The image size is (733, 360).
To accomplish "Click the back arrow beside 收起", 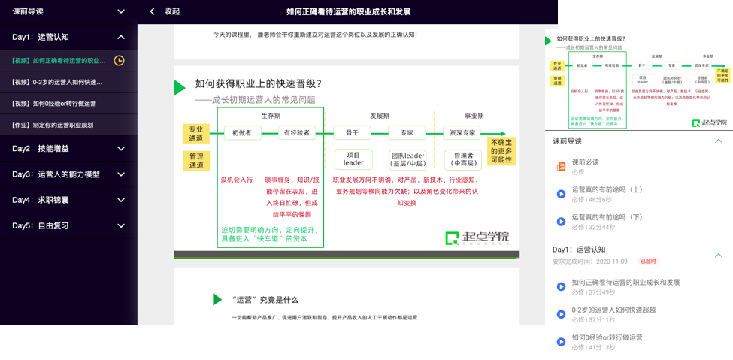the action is tap(153, 11).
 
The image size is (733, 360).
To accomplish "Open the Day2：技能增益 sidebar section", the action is tap(68, 149).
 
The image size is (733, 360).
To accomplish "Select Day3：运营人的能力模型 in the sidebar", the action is tap(68, 174).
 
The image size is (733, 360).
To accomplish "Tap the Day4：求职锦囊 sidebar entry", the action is tap(68, 200).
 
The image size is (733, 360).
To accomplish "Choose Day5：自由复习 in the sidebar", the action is tap(68, 225).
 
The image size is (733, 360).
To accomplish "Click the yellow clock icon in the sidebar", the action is tap(119, 61).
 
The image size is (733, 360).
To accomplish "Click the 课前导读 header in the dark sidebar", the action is tap(68, 11).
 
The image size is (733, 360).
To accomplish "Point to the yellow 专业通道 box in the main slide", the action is tap(196, 134).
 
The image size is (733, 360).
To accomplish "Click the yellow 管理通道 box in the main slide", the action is tap(196, 160).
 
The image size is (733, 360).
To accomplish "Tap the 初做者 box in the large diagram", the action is tap(242, 133).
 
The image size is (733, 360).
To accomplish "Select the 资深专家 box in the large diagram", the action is tap(462, 133).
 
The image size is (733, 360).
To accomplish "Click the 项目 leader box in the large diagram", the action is tap(353, 159).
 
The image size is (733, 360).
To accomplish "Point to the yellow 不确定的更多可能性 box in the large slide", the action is tap(501, 150).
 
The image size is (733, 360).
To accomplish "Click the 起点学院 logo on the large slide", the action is tap(477, 238).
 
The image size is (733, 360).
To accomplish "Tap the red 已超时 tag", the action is tap(648, 262).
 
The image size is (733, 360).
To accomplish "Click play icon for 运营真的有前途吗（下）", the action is tap(561, 222).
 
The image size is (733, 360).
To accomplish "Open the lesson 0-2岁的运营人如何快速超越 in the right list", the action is tap(613, 310).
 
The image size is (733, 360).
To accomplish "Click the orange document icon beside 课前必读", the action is tap(561, 166).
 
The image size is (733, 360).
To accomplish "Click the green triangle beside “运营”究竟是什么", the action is tap(217, 300).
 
